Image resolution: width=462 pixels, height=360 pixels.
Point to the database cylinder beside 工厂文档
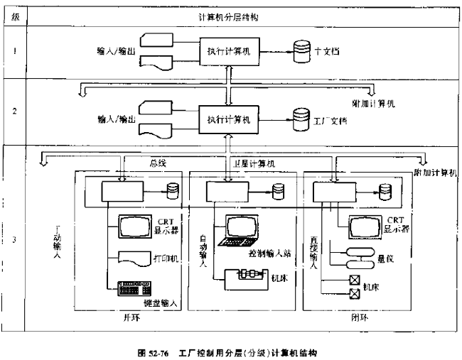(300, 116)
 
